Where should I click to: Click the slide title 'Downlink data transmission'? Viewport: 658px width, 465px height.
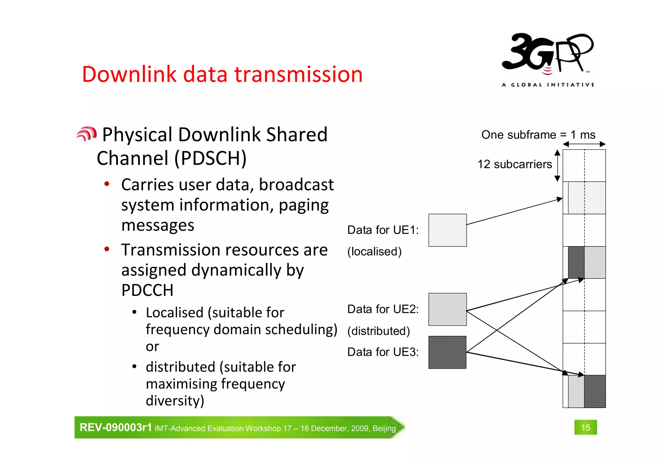(x=222, y=74)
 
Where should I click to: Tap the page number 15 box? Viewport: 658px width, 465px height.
(x=585, y=427)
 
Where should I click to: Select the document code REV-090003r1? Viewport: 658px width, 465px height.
(x=115, y=427)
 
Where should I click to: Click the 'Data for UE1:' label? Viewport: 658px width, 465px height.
(x=383, y=230)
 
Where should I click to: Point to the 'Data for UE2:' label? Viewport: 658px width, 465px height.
(x=383, y=309)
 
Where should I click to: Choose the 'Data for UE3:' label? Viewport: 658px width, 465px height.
(x=383, y=352)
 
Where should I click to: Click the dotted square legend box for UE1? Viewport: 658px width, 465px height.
(x=447, y=230)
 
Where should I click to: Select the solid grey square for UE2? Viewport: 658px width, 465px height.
(x=447, y=309)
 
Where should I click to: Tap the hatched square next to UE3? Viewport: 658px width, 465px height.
(x=447, y=352)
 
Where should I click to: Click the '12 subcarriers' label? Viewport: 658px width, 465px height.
(x=514, y=164)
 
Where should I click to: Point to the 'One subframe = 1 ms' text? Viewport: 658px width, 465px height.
(x=538, y=135)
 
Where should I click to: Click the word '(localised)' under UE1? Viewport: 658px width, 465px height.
(x=374, y=251)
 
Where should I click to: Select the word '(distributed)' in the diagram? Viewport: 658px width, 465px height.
(x=378, y=331)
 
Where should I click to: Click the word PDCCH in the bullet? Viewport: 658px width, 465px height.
(x=147, y=290)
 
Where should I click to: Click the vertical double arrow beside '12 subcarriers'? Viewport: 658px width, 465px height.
(x=557, y=165)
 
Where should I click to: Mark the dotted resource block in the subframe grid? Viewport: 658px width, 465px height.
(x=587, y=198)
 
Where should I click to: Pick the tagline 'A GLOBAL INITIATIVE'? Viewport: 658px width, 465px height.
(x=548, y=85)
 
